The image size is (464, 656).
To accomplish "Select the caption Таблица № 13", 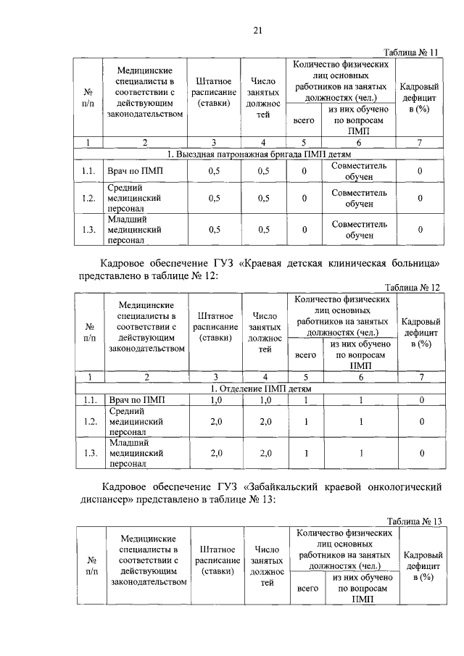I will click(x=415, y=522).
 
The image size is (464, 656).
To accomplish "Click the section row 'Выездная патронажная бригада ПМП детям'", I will click(x=259, y=154).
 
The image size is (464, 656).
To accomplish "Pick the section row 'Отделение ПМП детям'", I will click(x=259, y=389).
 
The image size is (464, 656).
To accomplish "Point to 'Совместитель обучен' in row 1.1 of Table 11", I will click(x=359, y=171).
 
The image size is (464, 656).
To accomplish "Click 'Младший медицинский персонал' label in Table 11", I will click(x=133, y=229).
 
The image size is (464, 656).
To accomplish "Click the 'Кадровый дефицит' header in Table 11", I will click(x=420, y=98).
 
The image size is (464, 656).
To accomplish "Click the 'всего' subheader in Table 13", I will click(x=308, y=589).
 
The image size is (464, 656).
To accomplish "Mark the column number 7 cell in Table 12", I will click(x=420, y=376).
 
